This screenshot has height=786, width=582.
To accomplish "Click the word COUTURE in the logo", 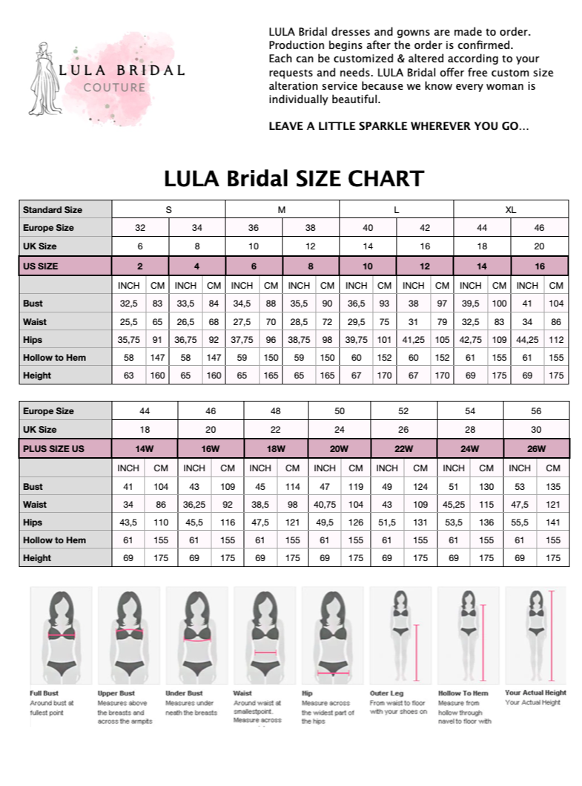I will coord(114,88).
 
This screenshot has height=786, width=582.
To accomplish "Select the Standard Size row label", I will coord(53,210).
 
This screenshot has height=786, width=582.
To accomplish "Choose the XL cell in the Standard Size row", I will coord(511,210).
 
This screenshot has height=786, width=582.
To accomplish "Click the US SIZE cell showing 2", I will coord(140,266).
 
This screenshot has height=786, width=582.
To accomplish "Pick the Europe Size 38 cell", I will coord(310,228).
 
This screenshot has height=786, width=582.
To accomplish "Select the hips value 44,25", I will coord(528,340).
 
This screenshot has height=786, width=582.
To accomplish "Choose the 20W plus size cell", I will coord(339,449).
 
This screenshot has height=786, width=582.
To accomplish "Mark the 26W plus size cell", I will coord(536,449).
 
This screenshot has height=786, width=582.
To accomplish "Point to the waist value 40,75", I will coord(325,505).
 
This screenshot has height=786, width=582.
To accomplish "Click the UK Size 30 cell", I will coord(536,430).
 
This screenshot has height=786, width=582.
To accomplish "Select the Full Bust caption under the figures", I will coord(44,693).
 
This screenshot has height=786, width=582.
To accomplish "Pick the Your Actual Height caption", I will coord(535,693).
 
